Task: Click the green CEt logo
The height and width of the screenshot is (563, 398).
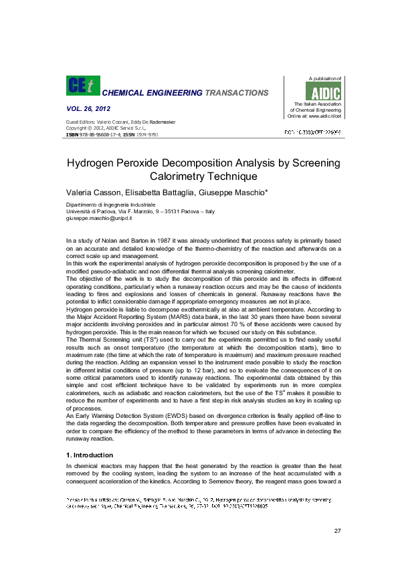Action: pyautogui.click(x=82, y=86)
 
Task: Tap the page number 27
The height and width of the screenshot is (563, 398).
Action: pyautogui.click(x=337, y=531)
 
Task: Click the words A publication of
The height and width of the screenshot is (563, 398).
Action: pyautogui.click(x=324, y=80)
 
